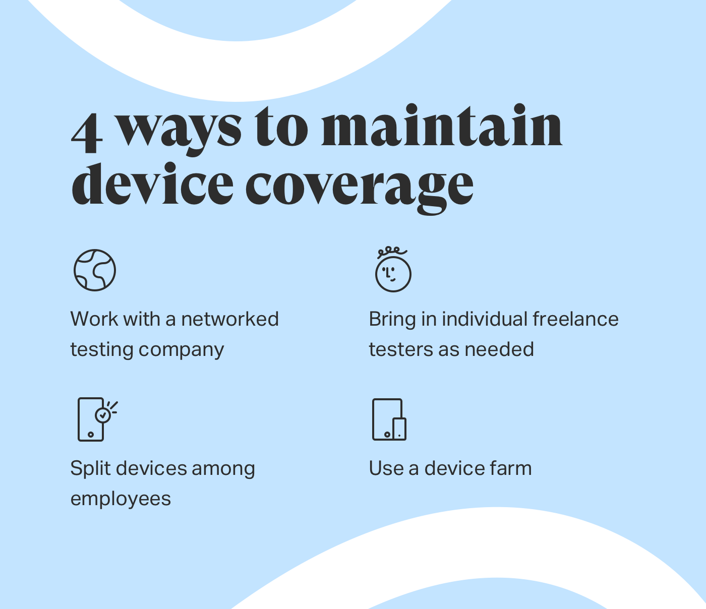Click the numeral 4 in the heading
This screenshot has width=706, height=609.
(87, 132)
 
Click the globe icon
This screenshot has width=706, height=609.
(95, 270)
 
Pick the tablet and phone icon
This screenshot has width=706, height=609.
(389, 419)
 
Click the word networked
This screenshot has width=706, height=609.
(230, 319)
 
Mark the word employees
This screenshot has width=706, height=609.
(121, 499)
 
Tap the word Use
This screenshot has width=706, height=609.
(386, 468)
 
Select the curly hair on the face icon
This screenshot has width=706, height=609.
(392, 251)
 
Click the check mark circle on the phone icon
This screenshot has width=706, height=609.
(103, 415)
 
